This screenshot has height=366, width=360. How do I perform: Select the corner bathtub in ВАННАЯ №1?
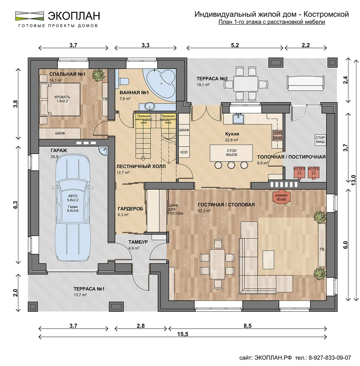point(159,85)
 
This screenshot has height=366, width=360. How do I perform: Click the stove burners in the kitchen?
point(277,135)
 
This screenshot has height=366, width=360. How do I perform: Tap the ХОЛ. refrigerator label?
point(184,152)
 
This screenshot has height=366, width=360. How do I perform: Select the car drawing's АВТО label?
point(73,196)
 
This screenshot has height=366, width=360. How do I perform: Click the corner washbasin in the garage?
point(103,151)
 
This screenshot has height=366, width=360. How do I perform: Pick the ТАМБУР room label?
point(138,242)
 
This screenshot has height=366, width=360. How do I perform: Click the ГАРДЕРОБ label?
point(130,209)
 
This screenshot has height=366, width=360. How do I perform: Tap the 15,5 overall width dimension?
point(183,339)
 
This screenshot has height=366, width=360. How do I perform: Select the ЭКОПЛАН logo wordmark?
point(74,16)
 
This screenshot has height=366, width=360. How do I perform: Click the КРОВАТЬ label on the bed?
point(62,97)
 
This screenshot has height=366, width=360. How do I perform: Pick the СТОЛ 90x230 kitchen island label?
point(232,152)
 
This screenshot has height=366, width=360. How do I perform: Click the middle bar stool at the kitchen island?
point(231,165)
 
